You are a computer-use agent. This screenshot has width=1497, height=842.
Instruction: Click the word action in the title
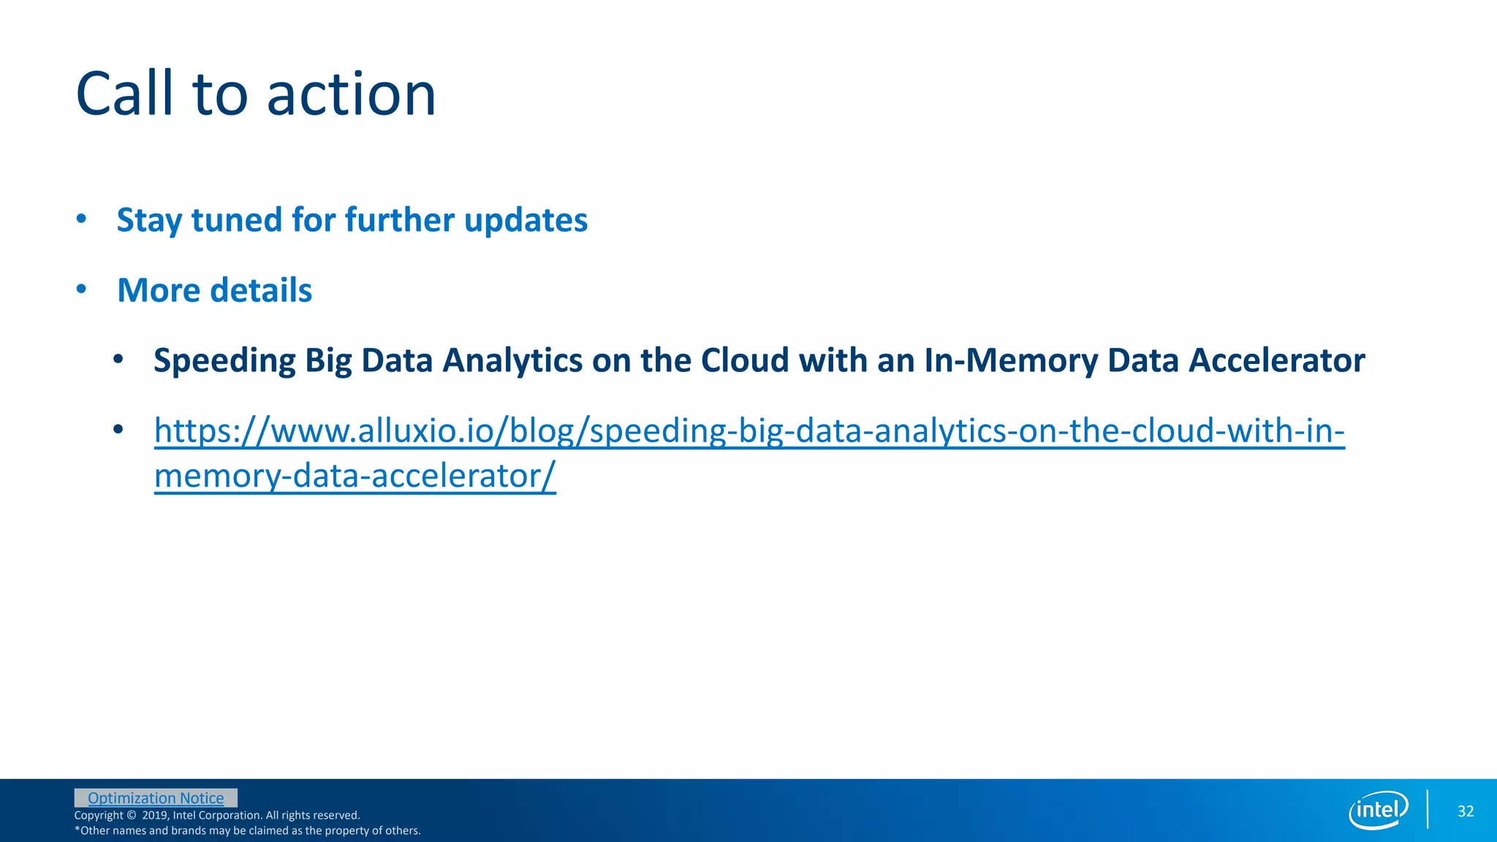pos(351,95)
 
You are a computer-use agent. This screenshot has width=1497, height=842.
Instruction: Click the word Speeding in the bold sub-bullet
pos(224,360)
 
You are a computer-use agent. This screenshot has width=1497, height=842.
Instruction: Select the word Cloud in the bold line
pos(745,360)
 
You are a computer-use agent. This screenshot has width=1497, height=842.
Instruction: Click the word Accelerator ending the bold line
pos(1276,360)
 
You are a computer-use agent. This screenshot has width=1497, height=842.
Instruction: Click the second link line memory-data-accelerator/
pos(355,476)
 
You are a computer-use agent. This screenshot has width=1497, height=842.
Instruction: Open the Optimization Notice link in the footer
pos(156,798)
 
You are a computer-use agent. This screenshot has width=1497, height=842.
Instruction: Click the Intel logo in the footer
pos(1378,810)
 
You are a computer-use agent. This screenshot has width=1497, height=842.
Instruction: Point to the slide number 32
pos(1465,811)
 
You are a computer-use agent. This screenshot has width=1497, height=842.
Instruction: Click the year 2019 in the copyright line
pos(154,816)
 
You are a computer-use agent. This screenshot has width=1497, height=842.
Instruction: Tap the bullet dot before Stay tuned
pos(81,219)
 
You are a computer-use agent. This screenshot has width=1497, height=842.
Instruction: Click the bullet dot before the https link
pos(118,429)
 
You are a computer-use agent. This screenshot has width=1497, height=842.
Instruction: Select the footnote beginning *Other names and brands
pos(247,831)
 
